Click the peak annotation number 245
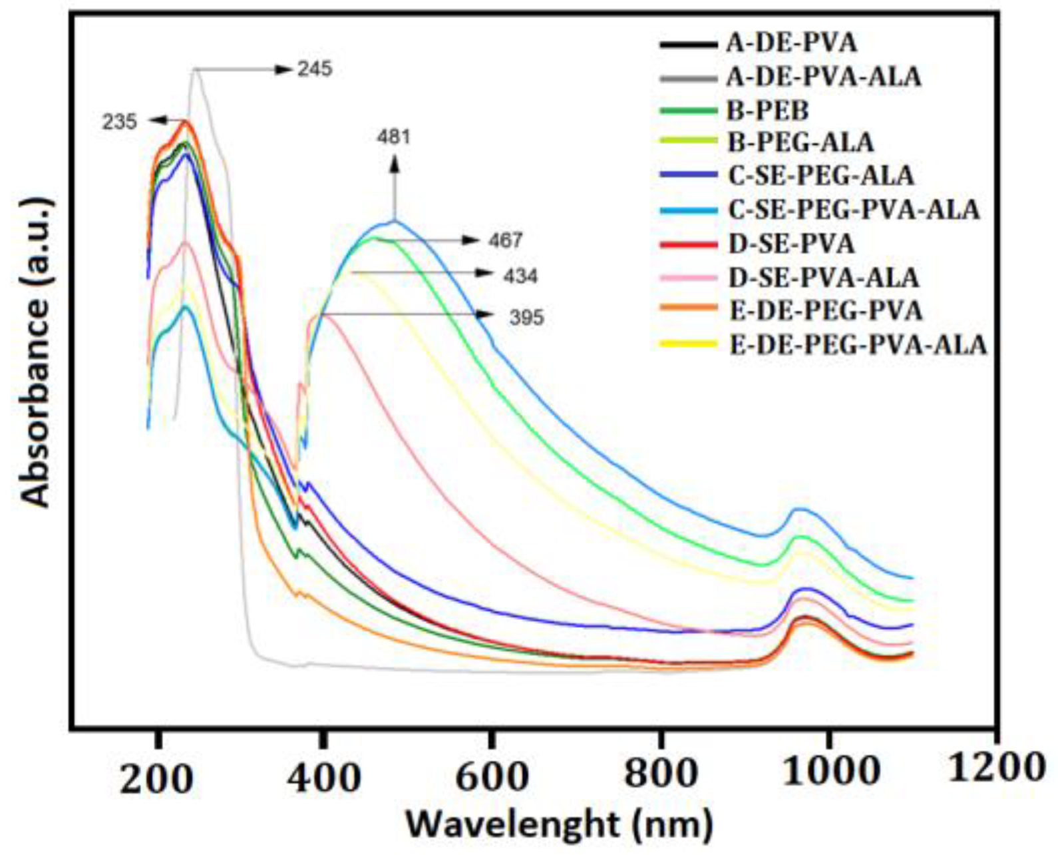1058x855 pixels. click(315, 69)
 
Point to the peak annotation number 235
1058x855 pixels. click(119, 123)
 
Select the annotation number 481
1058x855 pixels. click(393, 137)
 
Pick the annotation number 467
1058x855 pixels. click(506, 240)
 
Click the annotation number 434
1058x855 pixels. click(520, 276)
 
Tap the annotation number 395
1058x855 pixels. click(526, 318)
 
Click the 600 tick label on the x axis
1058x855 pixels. click(491, 776)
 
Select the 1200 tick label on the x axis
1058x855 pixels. click(995, 768)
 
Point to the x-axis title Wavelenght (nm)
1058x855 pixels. click(559, 825)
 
